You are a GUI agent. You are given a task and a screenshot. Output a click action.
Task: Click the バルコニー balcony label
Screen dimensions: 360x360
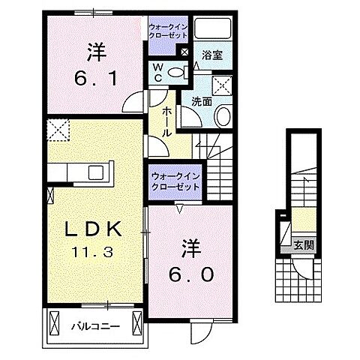(94, 325)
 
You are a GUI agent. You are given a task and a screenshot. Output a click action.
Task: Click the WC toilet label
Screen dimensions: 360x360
(159, 72)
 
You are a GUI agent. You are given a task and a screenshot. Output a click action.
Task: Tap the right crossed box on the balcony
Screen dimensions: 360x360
(137, 324)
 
